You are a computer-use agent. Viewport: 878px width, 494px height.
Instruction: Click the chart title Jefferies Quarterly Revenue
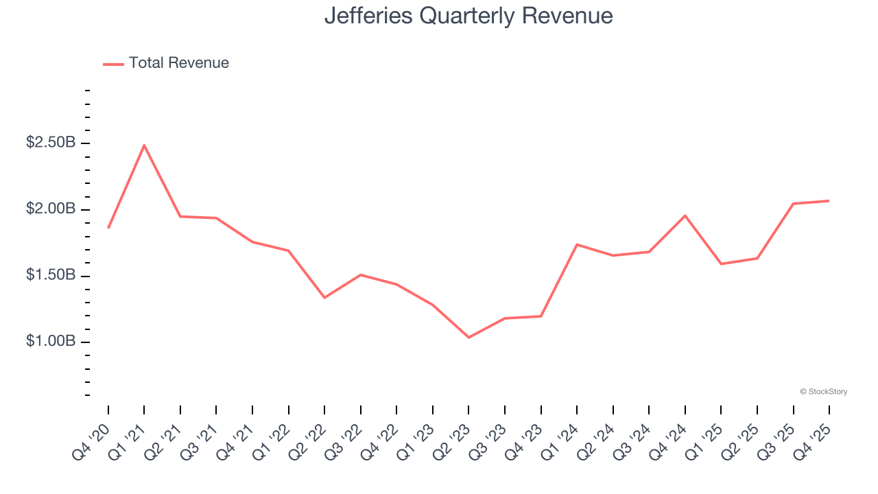pos(468,15)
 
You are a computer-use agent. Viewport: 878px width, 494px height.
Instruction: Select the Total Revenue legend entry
pos(166,63)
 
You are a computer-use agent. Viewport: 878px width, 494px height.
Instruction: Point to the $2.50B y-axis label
pos(51,143)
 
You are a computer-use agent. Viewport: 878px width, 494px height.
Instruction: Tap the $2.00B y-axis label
pos(51,209)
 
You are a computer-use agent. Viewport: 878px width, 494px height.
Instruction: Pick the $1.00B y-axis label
pos(51,342)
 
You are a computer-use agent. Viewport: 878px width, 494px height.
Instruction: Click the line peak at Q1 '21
pos(144,145)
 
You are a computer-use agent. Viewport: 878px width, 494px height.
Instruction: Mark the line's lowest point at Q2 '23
pos(468,338)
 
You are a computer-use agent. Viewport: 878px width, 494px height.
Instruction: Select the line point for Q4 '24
pos(685,215)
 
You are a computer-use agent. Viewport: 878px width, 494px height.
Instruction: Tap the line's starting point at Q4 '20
pos(108,228)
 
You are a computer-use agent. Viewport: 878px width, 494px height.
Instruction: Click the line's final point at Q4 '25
pos(829,201)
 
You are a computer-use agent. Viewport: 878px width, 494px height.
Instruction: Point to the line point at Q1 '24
pos(577,244)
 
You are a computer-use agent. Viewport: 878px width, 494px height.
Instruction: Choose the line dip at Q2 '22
pos(324,298)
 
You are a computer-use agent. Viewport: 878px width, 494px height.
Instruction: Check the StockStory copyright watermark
pos(823,392)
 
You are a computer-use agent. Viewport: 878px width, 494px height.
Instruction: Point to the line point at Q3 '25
pos(794,204)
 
